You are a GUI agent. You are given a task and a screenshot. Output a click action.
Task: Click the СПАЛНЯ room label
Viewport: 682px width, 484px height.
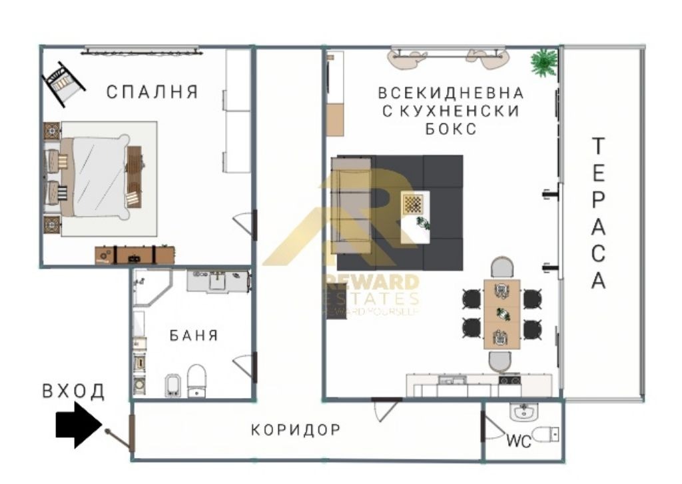coord(153,92)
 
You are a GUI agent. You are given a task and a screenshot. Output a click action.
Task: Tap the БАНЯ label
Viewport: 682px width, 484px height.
coord(193,335)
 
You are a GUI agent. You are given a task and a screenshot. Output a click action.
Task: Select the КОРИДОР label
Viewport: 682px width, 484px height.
coord(296,430)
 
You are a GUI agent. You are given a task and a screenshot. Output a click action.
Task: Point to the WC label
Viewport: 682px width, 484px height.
coord(518,441)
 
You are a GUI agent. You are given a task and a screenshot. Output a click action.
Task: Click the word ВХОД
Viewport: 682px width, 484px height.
coord(73,391)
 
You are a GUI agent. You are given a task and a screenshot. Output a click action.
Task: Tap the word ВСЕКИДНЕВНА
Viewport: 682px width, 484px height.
coord(451,93)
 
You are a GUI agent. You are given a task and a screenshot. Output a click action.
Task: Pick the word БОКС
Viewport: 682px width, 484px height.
coord(451,129)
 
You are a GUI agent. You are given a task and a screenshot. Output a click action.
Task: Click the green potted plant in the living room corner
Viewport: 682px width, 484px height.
coord(543,62)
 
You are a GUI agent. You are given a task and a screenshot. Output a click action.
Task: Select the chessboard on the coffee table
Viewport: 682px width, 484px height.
coord(412,203)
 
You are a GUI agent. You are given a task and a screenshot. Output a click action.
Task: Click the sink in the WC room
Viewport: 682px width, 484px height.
coord(523,412)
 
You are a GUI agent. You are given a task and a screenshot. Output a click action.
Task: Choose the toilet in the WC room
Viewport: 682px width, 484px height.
coord(546,435)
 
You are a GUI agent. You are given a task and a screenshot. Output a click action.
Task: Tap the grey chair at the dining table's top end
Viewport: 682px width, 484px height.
coord(502,268)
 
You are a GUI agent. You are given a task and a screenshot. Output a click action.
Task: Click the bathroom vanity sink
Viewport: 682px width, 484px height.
coord(217,281)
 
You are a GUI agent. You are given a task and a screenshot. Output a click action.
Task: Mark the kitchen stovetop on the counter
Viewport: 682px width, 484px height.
coord(510,381)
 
